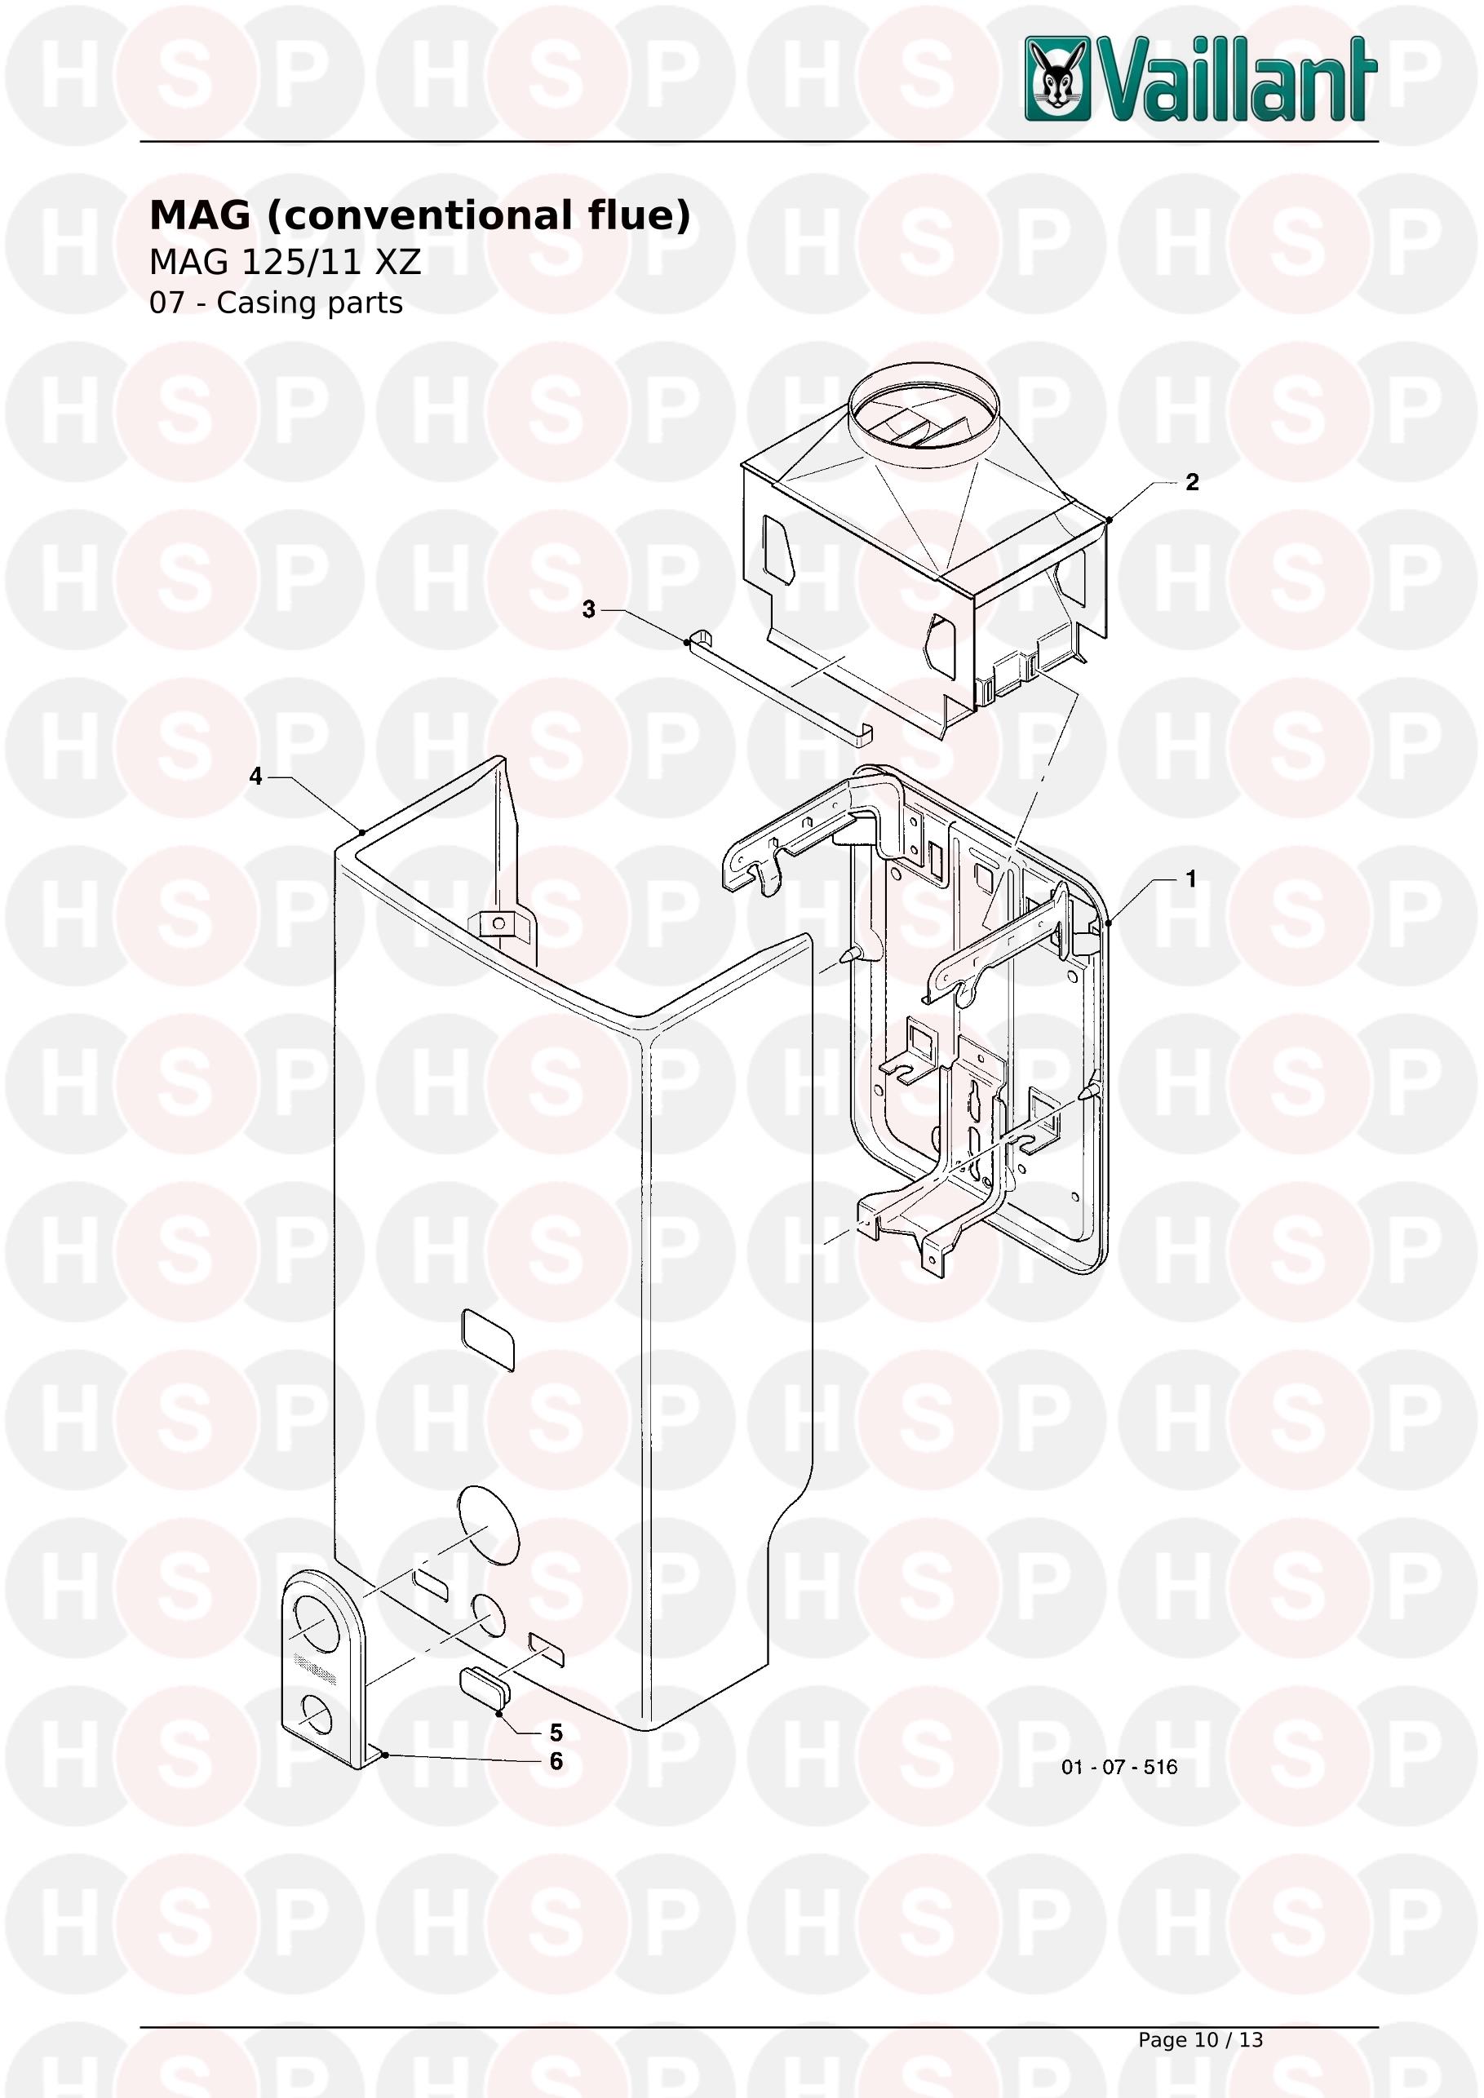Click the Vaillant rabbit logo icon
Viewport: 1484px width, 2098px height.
point(1057,78)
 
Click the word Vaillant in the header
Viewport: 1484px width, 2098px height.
point(1235,79)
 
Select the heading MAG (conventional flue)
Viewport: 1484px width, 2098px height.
point(419,215)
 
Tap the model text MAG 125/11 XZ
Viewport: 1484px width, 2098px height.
point(285,263)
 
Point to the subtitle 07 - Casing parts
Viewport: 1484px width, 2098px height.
point(276,303)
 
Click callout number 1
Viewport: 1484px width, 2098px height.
point(1190,879)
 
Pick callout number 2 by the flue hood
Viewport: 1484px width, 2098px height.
point(1192,482)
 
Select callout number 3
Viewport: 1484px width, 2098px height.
point(588,609)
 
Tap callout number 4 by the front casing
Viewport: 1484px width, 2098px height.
point(256,777)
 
